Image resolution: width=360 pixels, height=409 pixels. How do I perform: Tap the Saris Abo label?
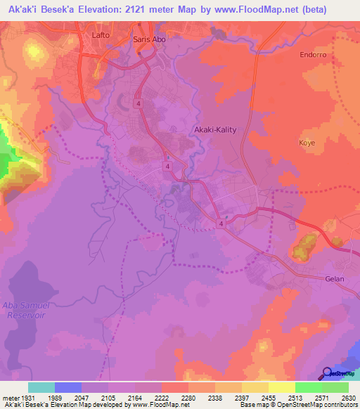(149, 40)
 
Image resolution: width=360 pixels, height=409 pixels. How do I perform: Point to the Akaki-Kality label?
(214, 130)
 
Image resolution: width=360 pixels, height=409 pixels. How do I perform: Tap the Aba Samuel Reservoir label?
(26, 310)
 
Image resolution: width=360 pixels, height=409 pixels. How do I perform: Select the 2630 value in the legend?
(348, 397)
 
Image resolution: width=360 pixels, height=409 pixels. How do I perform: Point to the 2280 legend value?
(188, 397)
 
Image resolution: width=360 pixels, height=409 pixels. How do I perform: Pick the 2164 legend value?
(134, 397)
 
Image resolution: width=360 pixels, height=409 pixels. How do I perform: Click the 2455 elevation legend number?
(268, 397)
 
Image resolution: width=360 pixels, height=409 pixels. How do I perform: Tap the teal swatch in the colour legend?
(41, 387)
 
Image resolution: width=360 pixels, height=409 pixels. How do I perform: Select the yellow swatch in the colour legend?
(281, 387)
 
